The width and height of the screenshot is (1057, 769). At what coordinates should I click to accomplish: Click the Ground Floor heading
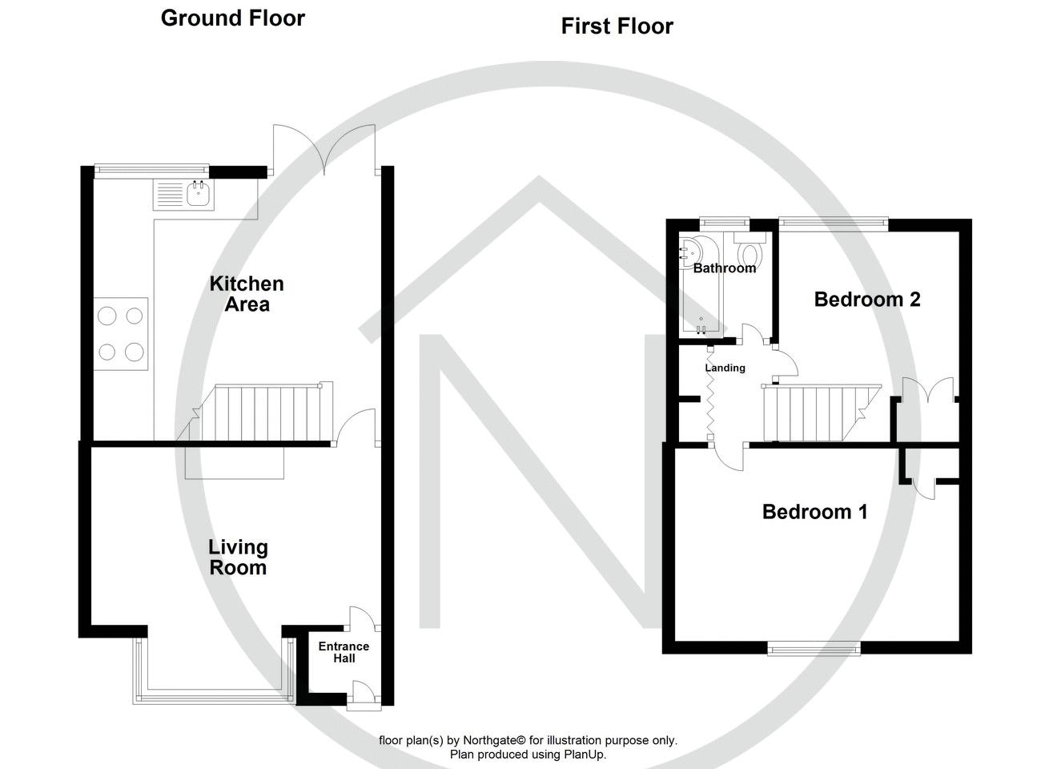232,18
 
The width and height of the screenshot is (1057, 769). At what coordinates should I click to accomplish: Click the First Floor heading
617,26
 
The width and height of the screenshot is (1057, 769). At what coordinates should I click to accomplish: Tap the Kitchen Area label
247,294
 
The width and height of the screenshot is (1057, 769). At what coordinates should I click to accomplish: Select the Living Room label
238,558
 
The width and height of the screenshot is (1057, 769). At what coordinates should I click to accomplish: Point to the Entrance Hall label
344,652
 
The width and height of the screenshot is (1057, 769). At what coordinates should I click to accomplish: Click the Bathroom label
725,268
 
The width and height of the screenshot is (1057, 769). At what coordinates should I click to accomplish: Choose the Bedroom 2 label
867,300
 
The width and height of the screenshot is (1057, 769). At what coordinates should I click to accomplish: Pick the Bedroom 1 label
814,512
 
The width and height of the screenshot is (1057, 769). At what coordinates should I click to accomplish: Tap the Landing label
725,368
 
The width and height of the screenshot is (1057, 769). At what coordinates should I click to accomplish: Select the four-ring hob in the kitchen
121,333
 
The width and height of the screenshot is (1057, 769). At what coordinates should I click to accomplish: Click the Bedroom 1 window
814,648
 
